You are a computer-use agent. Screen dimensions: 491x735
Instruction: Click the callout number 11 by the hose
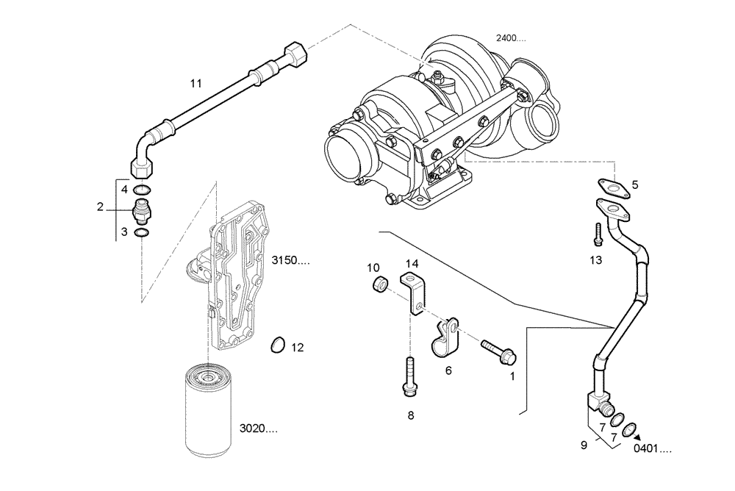195,84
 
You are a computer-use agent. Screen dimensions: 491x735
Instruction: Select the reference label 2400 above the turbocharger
511,38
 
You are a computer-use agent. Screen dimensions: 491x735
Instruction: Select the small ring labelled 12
277,343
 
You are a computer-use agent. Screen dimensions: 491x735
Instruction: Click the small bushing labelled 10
380,284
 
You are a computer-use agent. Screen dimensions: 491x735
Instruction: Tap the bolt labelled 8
409,374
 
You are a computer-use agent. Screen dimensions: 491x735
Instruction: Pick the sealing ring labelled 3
143,233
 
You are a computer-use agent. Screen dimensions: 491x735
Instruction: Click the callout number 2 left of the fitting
101,207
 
